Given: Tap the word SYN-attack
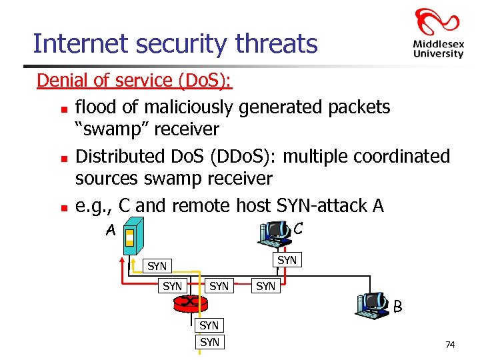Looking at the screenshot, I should click(x=323, y=206).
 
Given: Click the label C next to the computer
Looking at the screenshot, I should click(x=297, y=229).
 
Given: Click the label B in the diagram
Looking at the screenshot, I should click(x=397, y=308).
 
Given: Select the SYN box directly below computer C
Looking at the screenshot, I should click(x=287, y=260).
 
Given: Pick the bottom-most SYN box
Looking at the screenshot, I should click(x=209, y=342).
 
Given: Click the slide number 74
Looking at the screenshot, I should click(x=450, y=344).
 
